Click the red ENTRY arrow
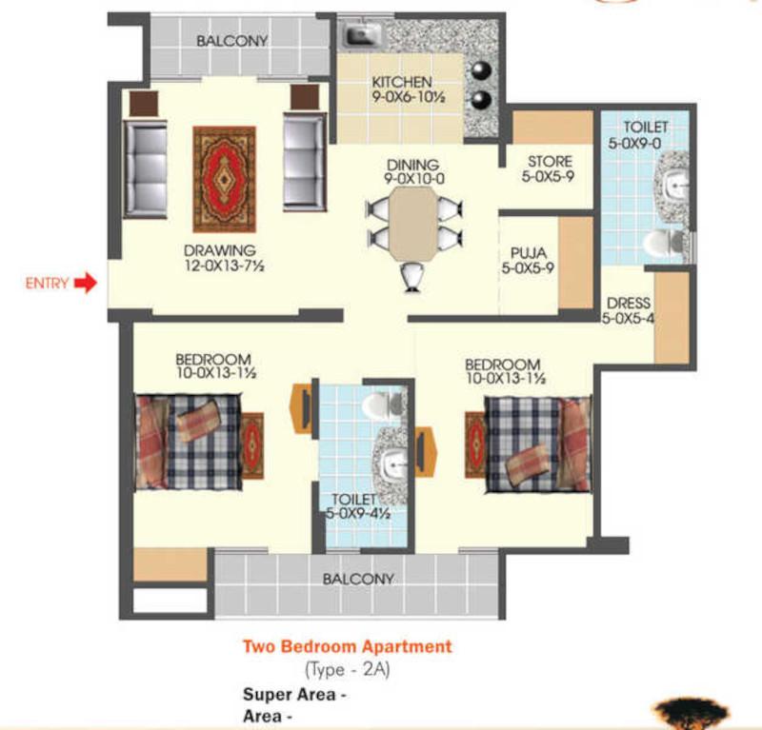pyautogui.click(x=86, y=283)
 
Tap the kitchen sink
pyautogui.click(x=362, y=34)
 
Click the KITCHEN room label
pyautogui.click(x=401, y=82)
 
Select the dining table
pyautogui.click(x=413, y=224)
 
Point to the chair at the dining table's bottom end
pyautogui.click(x=413, y=277)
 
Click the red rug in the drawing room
pyautogui.click(x=224, y=180)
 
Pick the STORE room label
pyautogui.click(x=550, y=161)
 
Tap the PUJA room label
pyautogui.click(x=529, y=253)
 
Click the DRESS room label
pyautogui.click(x=629, y=303)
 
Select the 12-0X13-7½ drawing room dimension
pyautogui.click(x=224, y=266)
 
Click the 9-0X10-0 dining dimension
pyautogui.click(x=414, y=179)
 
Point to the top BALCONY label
pyautogui.click(x=231, y=41)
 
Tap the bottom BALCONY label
pyautogui.click(x=358, y=579)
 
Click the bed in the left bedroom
pyautogui.click(x=189, y=442)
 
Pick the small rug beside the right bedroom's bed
pyautogui.click(x=475, y=444)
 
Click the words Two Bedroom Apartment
pyautogui.click(x=348, y=646)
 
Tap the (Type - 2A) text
pyautogui.click(x=348, y=670)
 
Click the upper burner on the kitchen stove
pyautogui.click(x=481, y=71)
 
